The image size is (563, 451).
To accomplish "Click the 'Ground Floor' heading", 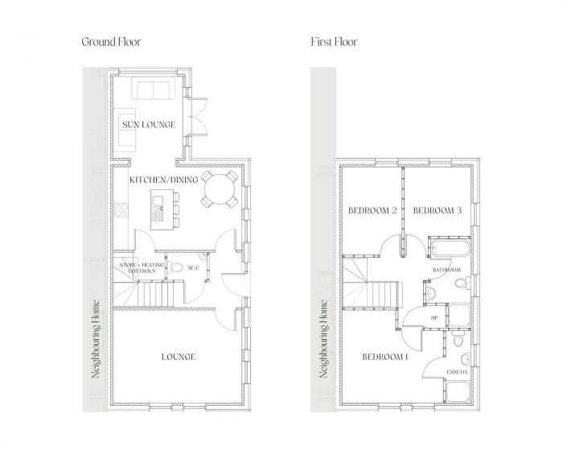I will (111, 42).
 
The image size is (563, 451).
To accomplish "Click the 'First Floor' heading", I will (333, 42).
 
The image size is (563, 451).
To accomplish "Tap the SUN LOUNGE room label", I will (143, 125).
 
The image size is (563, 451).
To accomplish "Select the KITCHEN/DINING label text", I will (163, 181).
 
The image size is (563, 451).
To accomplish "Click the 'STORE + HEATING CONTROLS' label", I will (137, 267).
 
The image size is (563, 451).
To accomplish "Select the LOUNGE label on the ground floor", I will (179, 357).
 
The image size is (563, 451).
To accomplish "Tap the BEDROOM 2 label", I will (372, 211).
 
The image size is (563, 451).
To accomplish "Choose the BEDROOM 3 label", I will (437, 211).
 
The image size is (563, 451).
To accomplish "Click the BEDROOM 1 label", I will (384, 357).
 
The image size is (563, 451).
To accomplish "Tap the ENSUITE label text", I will (458, 371).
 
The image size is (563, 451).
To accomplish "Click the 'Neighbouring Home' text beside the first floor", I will (324, 338).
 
